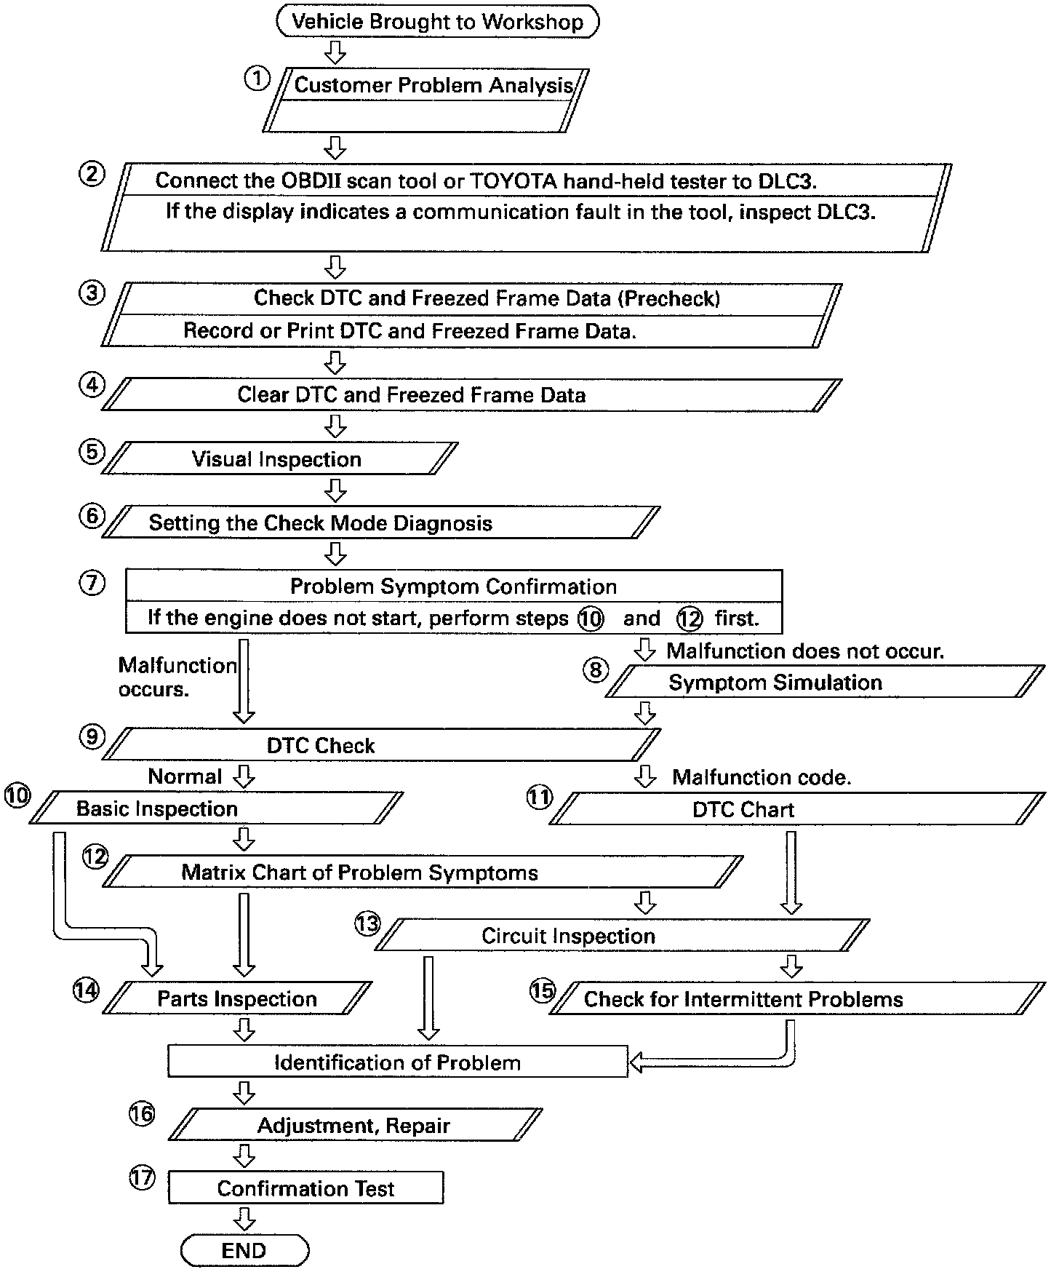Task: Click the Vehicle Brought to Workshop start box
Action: (437, 21)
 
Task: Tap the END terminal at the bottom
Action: (244, 1250)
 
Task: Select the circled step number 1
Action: (256, 79)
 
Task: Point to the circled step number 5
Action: (91, 451)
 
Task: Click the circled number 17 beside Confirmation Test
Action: (142, 1177)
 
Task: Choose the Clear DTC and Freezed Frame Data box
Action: (412, 395)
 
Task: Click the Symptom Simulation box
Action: (775, 683)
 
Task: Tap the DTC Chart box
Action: (743, 809)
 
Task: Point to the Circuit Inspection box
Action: (569, 936)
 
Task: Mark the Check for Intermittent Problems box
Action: (743, 999)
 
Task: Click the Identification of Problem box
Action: (397, 1062)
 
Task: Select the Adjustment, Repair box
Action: (354, 1126)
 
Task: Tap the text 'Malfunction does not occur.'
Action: (805, 651)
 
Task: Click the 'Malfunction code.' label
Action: (762, 777)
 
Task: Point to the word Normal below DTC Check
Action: (185, 776)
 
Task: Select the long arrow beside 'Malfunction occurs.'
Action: (244, 680)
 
